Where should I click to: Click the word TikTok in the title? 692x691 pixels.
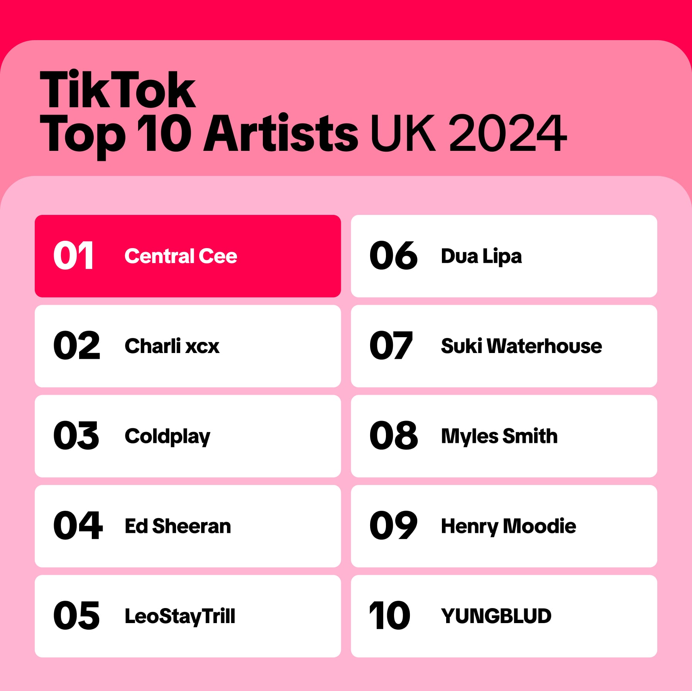click(118, 90)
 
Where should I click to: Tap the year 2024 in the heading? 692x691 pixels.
click(508, 133)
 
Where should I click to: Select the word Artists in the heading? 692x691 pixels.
click(281, 133)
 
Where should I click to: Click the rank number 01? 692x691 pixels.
click(73, 255)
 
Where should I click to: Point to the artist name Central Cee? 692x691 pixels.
click(181, 256)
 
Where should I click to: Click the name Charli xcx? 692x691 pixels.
click(172, 346)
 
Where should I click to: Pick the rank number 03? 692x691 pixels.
click(76, 436)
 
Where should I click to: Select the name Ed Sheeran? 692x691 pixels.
click(178, 526)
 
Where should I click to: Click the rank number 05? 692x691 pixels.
click(76, 616)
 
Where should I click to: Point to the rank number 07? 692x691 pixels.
click(391, 346)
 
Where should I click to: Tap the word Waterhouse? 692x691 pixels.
click(544, 346)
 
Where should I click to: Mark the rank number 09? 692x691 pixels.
click(393, 525)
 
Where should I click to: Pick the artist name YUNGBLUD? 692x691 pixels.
click(496, 616)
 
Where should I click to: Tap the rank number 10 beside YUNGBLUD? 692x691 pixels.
click(389, 616)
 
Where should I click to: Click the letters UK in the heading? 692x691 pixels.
click(403, 133)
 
